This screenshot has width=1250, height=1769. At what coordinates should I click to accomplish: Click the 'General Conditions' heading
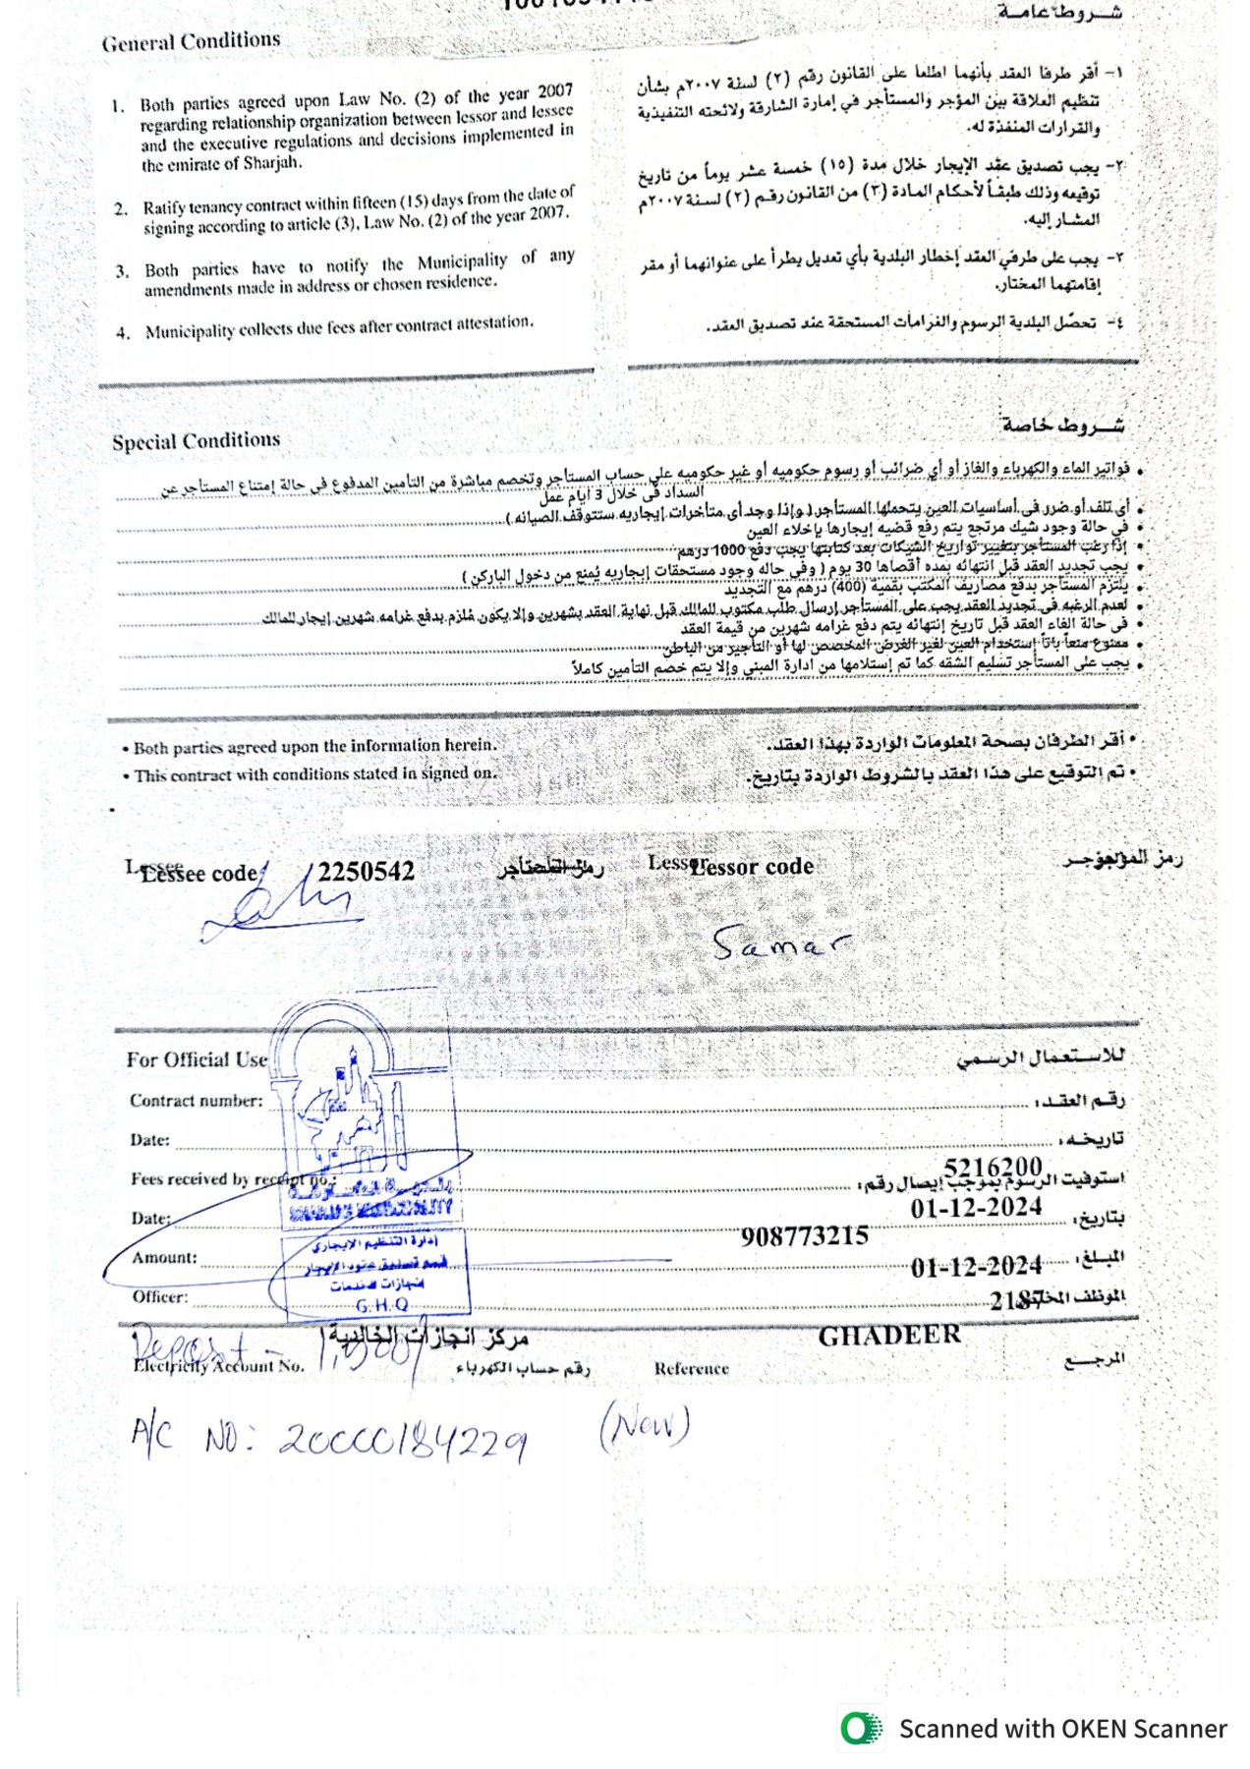click(191, 41)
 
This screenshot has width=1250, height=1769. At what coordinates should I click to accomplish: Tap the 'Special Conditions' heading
click(196, 441)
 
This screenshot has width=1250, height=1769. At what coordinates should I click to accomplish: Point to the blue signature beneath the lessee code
click(280, 906)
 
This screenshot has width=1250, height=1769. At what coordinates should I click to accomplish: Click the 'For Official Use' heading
click(197, 1059)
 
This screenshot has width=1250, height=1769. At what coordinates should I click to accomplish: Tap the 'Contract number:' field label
click(197, 1101)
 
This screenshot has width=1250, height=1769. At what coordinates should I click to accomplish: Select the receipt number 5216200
click(993, 1168)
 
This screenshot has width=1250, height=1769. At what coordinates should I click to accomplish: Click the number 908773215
click(805, 1236)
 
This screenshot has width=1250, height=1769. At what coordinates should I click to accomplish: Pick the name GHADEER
click(889, 1336)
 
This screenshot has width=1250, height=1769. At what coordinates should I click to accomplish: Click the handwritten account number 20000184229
click(403, 1441)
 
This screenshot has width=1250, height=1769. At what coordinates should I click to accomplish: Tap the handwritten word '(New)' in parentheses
click(645, 1425)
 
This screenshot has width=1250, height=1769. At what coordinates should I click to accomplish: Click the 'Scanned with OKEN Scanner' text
click(1062, 1730)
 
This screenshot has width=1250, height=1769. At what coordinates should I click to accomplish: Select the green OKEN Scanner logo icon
click(861, 1729)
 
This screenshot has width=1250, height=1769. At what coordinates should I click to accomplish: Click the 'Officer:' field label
click(160, 1297)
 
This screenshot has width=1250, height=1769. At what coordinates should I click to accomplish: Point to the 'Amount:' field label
click(164, 1258)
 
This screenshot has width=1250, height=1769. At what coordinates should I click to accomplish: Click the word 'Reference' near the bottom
click(692, 1369)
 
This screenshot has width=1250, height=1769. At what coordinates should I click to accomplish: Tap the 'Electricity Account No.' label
click(219, 1366)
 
